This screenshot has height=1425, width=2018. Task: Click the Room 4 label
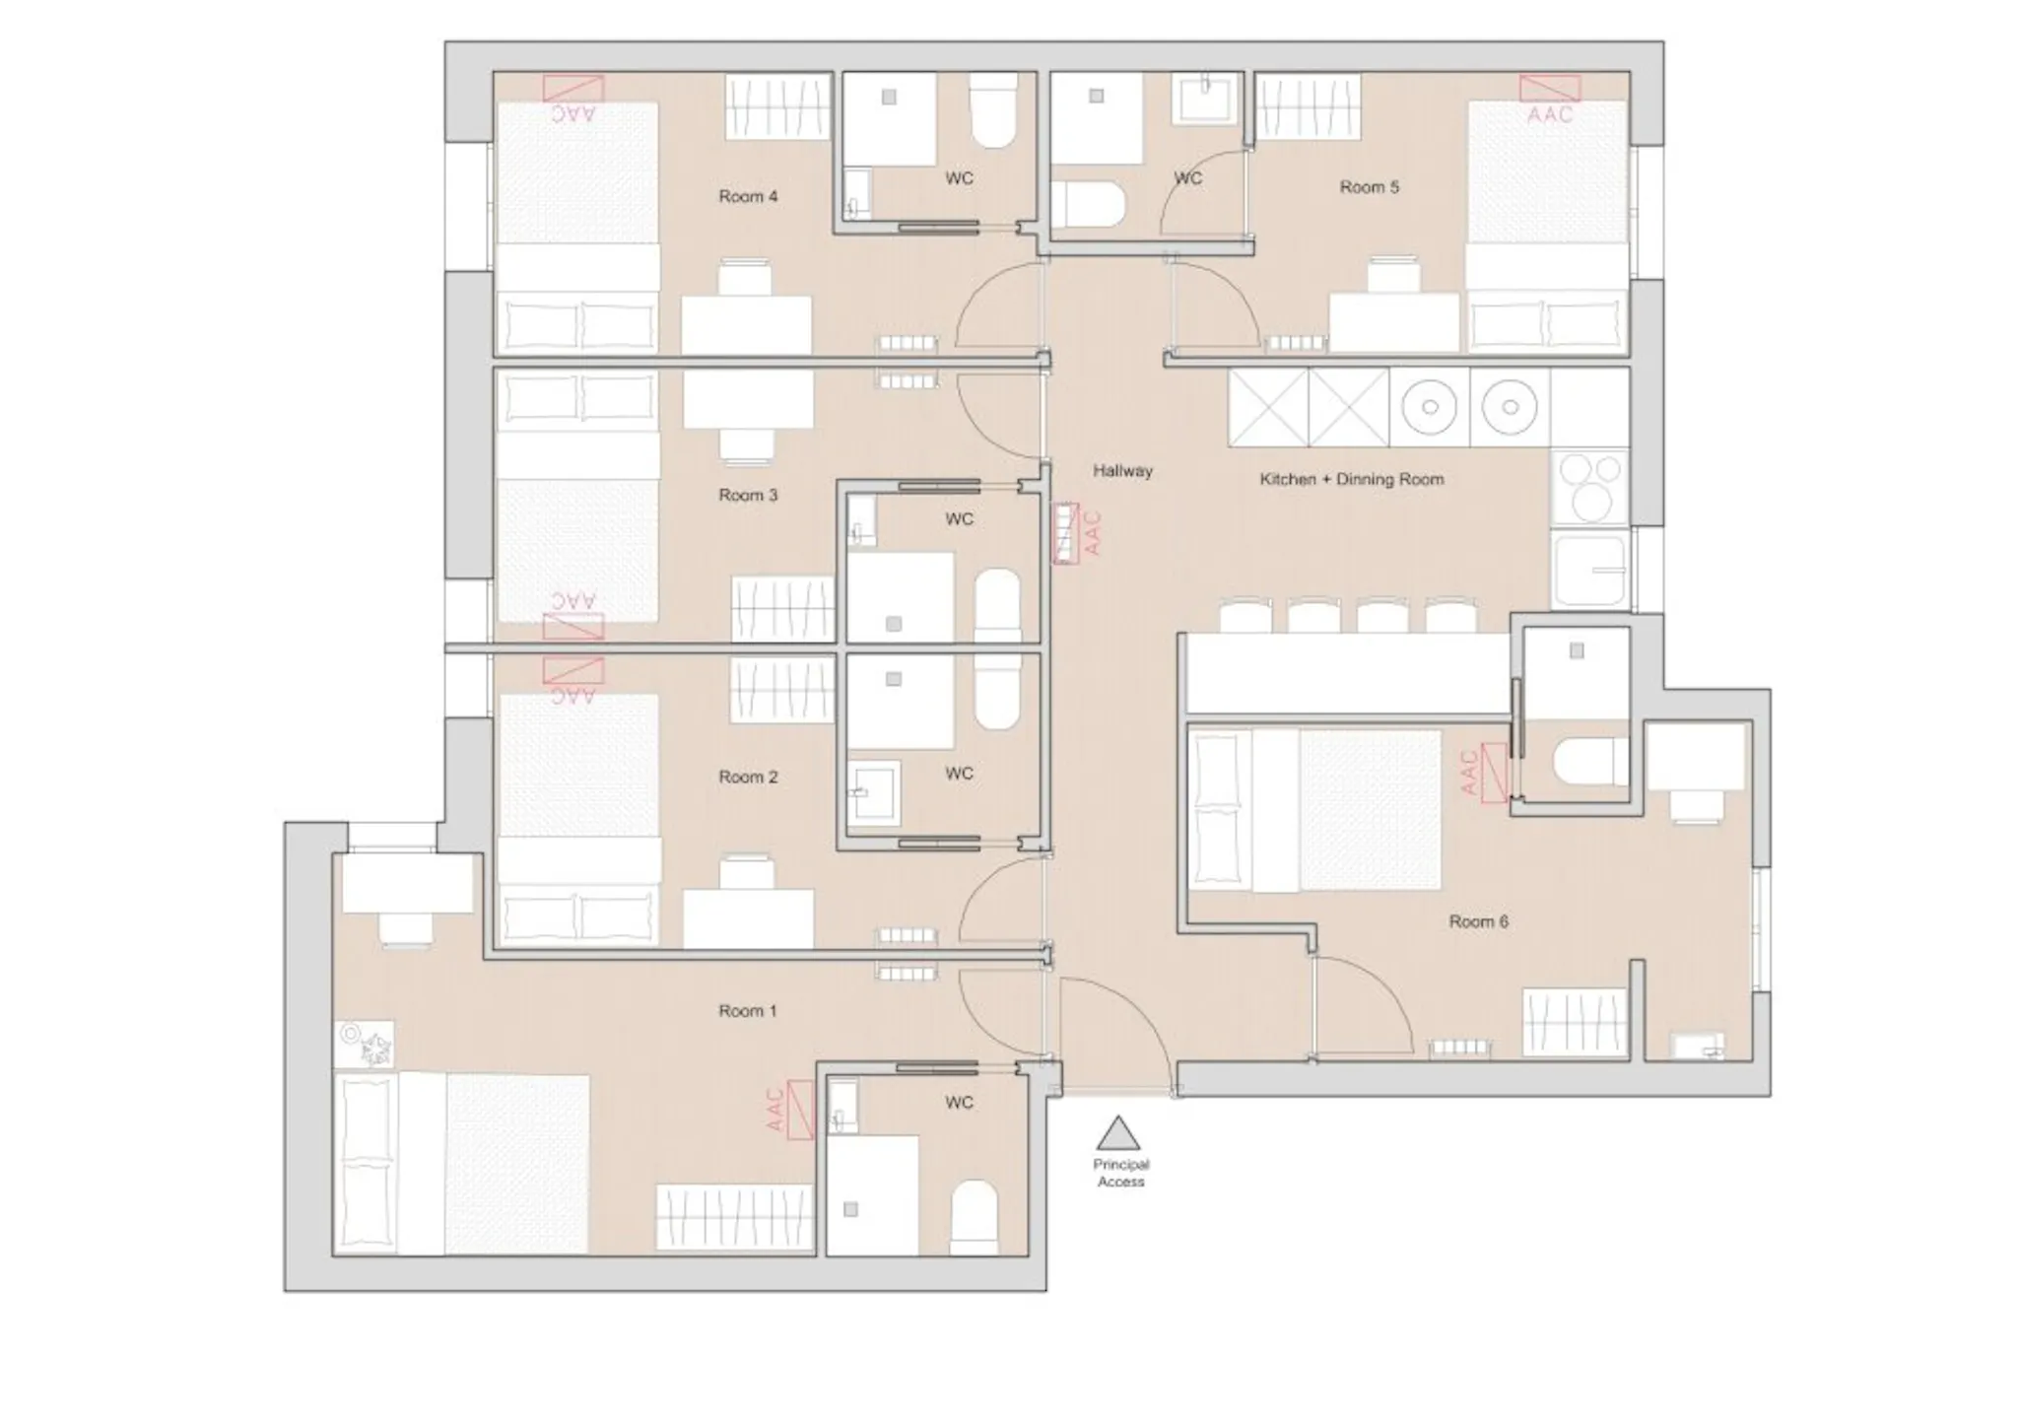[748, 197]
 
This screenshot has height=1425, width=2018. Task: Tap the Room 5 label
[1369, 187]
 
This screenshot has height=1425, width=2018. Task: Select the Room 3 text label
[748, 496]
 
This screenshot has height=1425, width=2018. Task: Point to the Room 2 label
[748, 778]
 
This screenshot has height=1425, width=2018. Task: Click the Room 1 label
[747, 1011]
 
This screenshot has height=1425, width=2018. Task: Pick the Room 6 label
[1478, 922]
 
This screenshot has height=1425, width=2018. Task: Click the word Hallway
[1122, 471]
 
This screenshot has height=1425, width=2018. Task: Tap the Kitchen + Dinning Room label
[1351, 480]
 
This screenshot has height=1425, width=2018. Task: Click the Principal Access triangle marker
[1118, 1133]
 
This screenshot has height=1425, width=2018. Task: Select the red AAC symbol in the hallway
[1076, 533]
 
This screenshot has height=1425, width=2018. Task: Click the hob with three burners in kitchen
[1589, 488]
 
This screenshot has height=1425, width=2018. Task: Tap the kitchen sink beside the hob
[1589, 571]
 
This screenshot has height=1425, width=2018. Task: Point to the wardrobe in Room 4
[776, 107]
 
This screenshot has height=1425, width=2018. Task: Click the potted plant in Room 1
[365, 1045]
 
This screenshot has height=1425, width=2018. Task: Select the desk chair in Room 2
[746, 873]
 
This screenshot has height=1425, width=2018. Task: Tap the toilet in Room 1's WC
[975, 1218]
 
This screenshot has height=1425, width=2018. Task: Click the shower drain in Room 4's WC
[889, 98]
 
